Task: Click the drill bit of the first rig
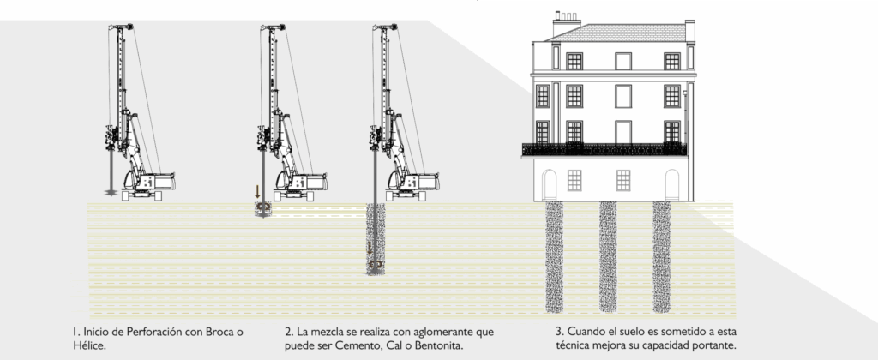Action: tap(110, 189)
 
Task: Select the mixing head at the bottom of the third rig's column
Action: tap(374, 266)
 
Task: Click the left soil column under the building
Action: tap(555, 255)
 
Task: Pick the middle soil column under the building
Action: tap(608, 255)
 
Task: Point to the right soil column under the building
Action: tap(661, 255)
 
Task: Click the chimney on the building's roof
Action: tap(565, 22)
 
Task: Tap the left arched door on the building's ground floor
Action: tap(550, 183)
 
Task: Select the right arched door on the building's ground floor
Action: tap(674, 183)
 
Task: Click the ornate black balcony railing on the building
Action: tap(604, 149)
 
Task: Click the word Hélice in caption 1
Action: tap(88, 345)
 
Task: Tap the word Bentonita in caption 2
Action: tap(433, 345)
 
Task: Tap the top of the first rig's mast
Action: tap(121, 27)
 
